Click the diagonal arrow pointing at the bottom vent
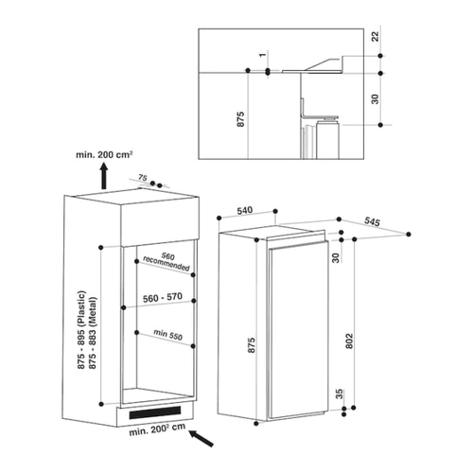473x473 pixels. pyautogui.click(x=201, y=438)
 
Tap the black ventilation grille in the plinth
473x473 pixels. pyautogui.click(x=155, y=412)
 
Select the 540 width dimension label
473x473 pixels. pyautogui.click(x=245, y=210)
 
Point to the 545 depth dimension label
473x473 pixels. pyautogui.click(x=372, y=221)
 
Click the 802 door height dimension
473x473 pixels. pyautogui.click(x=349, y=341)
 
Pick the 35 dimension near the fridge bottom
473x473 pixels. pyautogui.click(x=339, y=394)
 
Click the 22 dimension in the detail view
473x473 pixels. pyautogui.click(x=375, y=37)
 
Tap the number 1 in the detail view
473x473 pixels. pyautogui.click(x=262, y=55)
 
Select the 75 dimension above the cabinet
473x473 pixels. pyautogui.click(x=143, y=178)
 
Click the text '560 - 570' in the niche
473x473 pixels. pyautogui.click(x=163, y=297)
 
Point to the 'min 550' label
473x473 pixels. pyautogui.click(x=168, y=335)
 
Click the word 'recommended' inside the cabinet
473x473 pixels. pyautogui.click(x=166, y=264)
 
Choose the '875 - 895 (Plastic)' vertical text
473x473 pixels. pyautogui.click(x=81, y=330)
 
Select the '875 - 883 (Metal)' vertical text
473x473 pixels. pyautogui.click(x=93, y=333)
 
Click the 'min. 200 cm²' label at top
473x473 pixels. pyautogui.click(x=104, y=155)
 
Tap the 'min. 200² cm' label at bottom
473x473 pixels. pyautogui.click(x=157, y=429)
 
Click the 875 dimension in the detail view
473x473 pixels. pyautogui.click(x=240, y=119)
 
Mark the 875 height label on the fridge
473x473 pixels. pyautogui.click(x=251, y=345)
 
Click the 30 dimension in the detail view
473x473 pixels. pyautogui.click(x=375, y=99)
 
